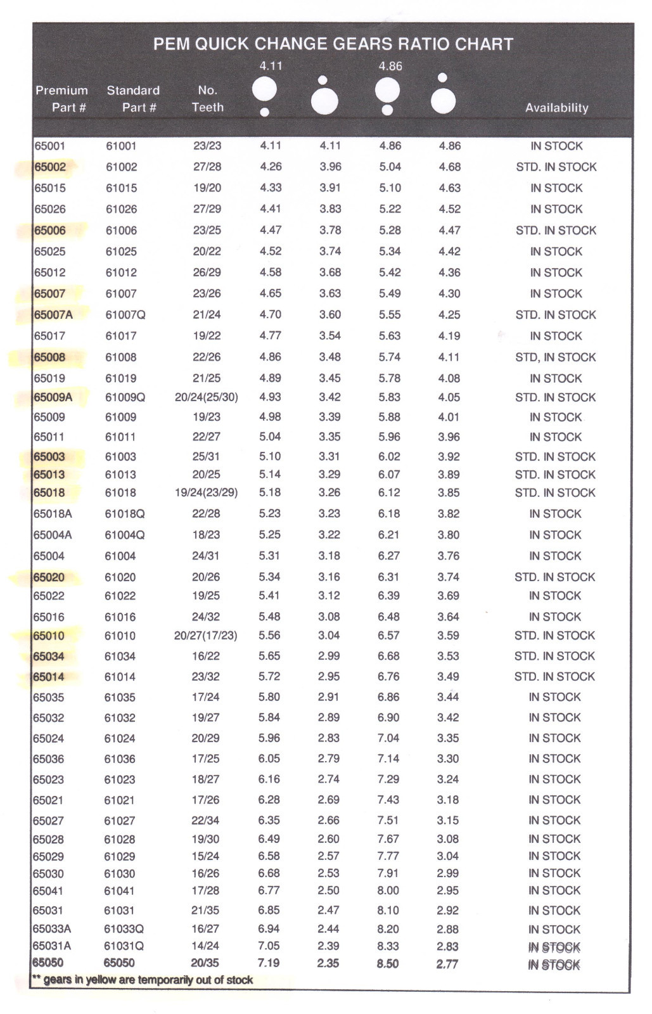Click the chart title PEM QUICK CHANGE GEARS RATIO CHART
tap(333, 44)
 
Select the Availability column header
tap(556, 108)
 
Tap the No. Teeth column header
tap(208, 99)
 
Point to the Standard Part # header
tap(133, 99)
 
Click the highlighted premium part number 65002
tap(50, 167)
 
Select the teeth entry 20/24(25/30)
tap(207, 397)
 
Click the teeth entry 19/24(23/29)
tap(207, 492)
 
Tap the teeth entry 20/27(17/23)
tap(206, 636)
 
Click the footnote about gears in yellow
tap(143, 980)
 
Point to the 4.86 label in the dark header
tap(390, 66)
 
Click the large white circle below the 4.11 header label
tap(265, 89)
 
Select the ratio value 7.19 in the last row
tap(269, 963)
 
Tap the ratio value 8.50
tap(388, 964)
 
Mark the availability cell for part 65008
tap(556, 357)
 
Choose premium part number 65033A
tap(52, 929)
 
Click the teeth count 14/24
tap(205, 946)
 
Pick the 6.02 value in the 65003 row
tap(389, 456)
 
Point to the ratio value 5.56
tap(269, 636)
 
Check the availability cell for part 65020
tap(555, 577)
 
